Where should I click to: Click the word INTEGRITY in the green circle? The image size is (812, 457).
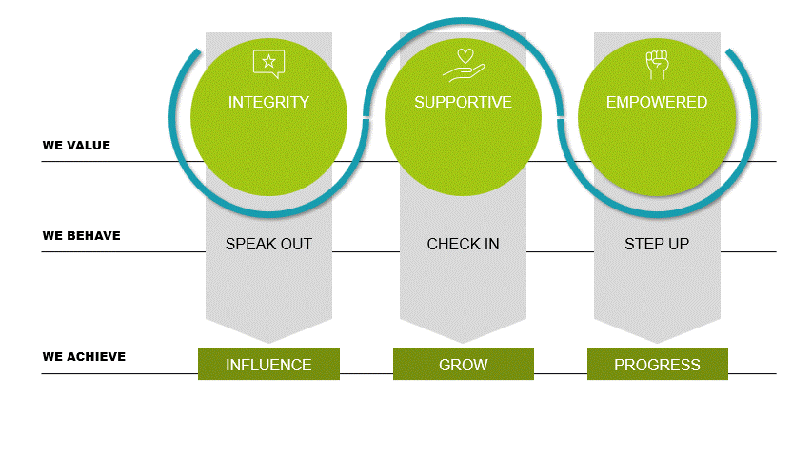pos(268,102)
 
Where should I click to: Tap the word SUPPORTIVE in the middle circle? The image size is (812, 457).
pos(463,102)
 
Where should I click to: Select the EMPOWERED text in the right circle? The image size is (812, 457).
pos(657,102)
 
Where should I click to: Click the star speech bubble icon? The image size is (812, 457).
pos(268,64)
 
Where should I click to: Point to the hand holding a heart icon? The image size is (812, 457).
pos(464,66)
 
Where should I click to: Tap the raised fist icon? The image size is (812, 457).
pos(657,64)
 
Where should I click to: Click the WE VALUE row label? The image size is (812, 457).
pos(76,145)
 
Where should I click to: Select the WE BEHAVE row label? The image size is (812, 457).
pos(81,236)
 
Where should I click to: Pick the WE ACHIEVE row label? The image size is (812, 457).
pos(84,356)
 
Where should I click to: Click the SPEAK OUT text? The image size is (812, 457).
pos(268,244)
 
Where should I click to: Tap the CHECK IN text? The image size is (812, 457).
pos(463,244)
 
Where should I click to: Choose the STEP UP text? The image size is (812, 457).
pos(657,244)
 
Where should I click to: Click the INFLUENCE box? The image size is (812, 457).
pos(268,364)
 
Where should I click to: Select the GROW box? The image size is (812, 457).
pos(464,364)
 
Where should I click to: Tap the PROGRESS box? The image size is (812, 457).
pos(658,364)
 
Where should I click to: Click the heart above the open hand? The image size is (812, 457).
pos(465,55)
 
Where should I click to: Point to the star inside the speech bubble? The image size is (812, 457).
pos(268,62)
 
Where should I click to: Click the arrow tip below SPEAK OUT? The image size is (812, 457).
pos(268,343)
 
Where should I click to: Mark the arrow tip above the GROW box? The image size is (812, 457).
pos(463,343)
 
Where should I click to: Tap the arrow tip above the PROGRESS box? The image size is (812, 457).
pos(657,343)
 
